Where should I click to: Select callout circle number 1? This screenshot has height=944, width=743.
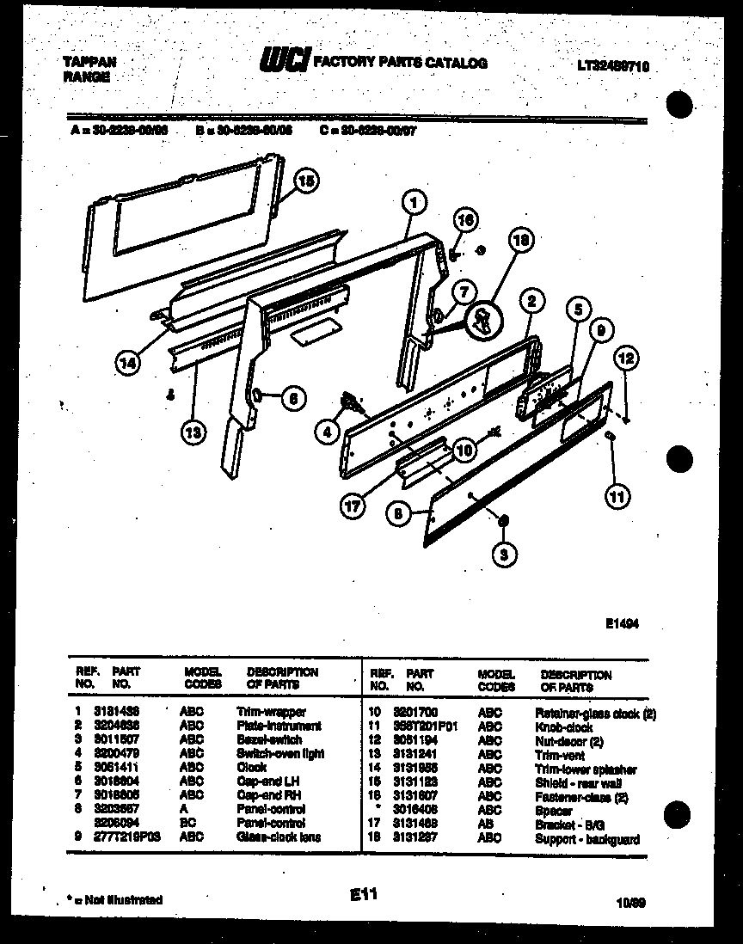(414, 203)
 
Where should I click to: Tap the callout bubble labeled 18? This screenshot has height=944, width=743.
(518, 243)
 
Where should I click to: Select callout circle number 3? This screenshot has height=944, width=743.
(504, 555)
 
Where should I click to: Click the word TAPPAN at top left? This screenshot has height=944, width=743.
(89, 63)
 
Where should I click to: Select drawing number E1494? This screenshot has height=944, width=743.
(622, 626)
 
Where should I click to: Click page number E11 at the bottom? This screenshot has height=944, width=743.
(365, 896)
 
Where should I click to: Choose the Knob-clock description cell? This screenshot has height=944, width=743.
(563, 726)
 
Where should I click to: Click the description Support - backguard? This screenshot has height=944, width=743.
(586, 838)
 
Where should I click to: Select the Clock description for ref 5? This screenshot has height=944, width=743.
(251, 768)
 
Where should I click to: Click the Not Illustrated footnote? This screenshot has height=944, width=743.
(114, 900)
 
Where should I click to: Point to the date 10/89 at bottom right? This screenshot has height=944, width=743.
(631, 902)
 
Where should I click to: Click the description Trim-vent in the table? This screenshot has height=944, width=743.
(559, 755)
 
